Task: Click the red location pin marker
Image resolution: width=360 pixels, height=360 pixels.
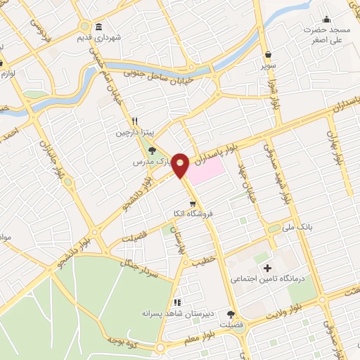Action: click(181, 165)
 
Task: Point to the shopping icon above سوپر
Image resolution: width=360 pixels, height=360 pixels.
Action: click(268, 54)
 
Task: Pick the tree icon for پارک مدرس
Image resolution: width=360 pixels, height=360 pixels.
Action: click(152, 150)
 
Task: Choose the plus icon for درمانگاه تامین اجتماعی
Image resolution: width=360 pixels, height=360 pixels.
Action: click(266, 268)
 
